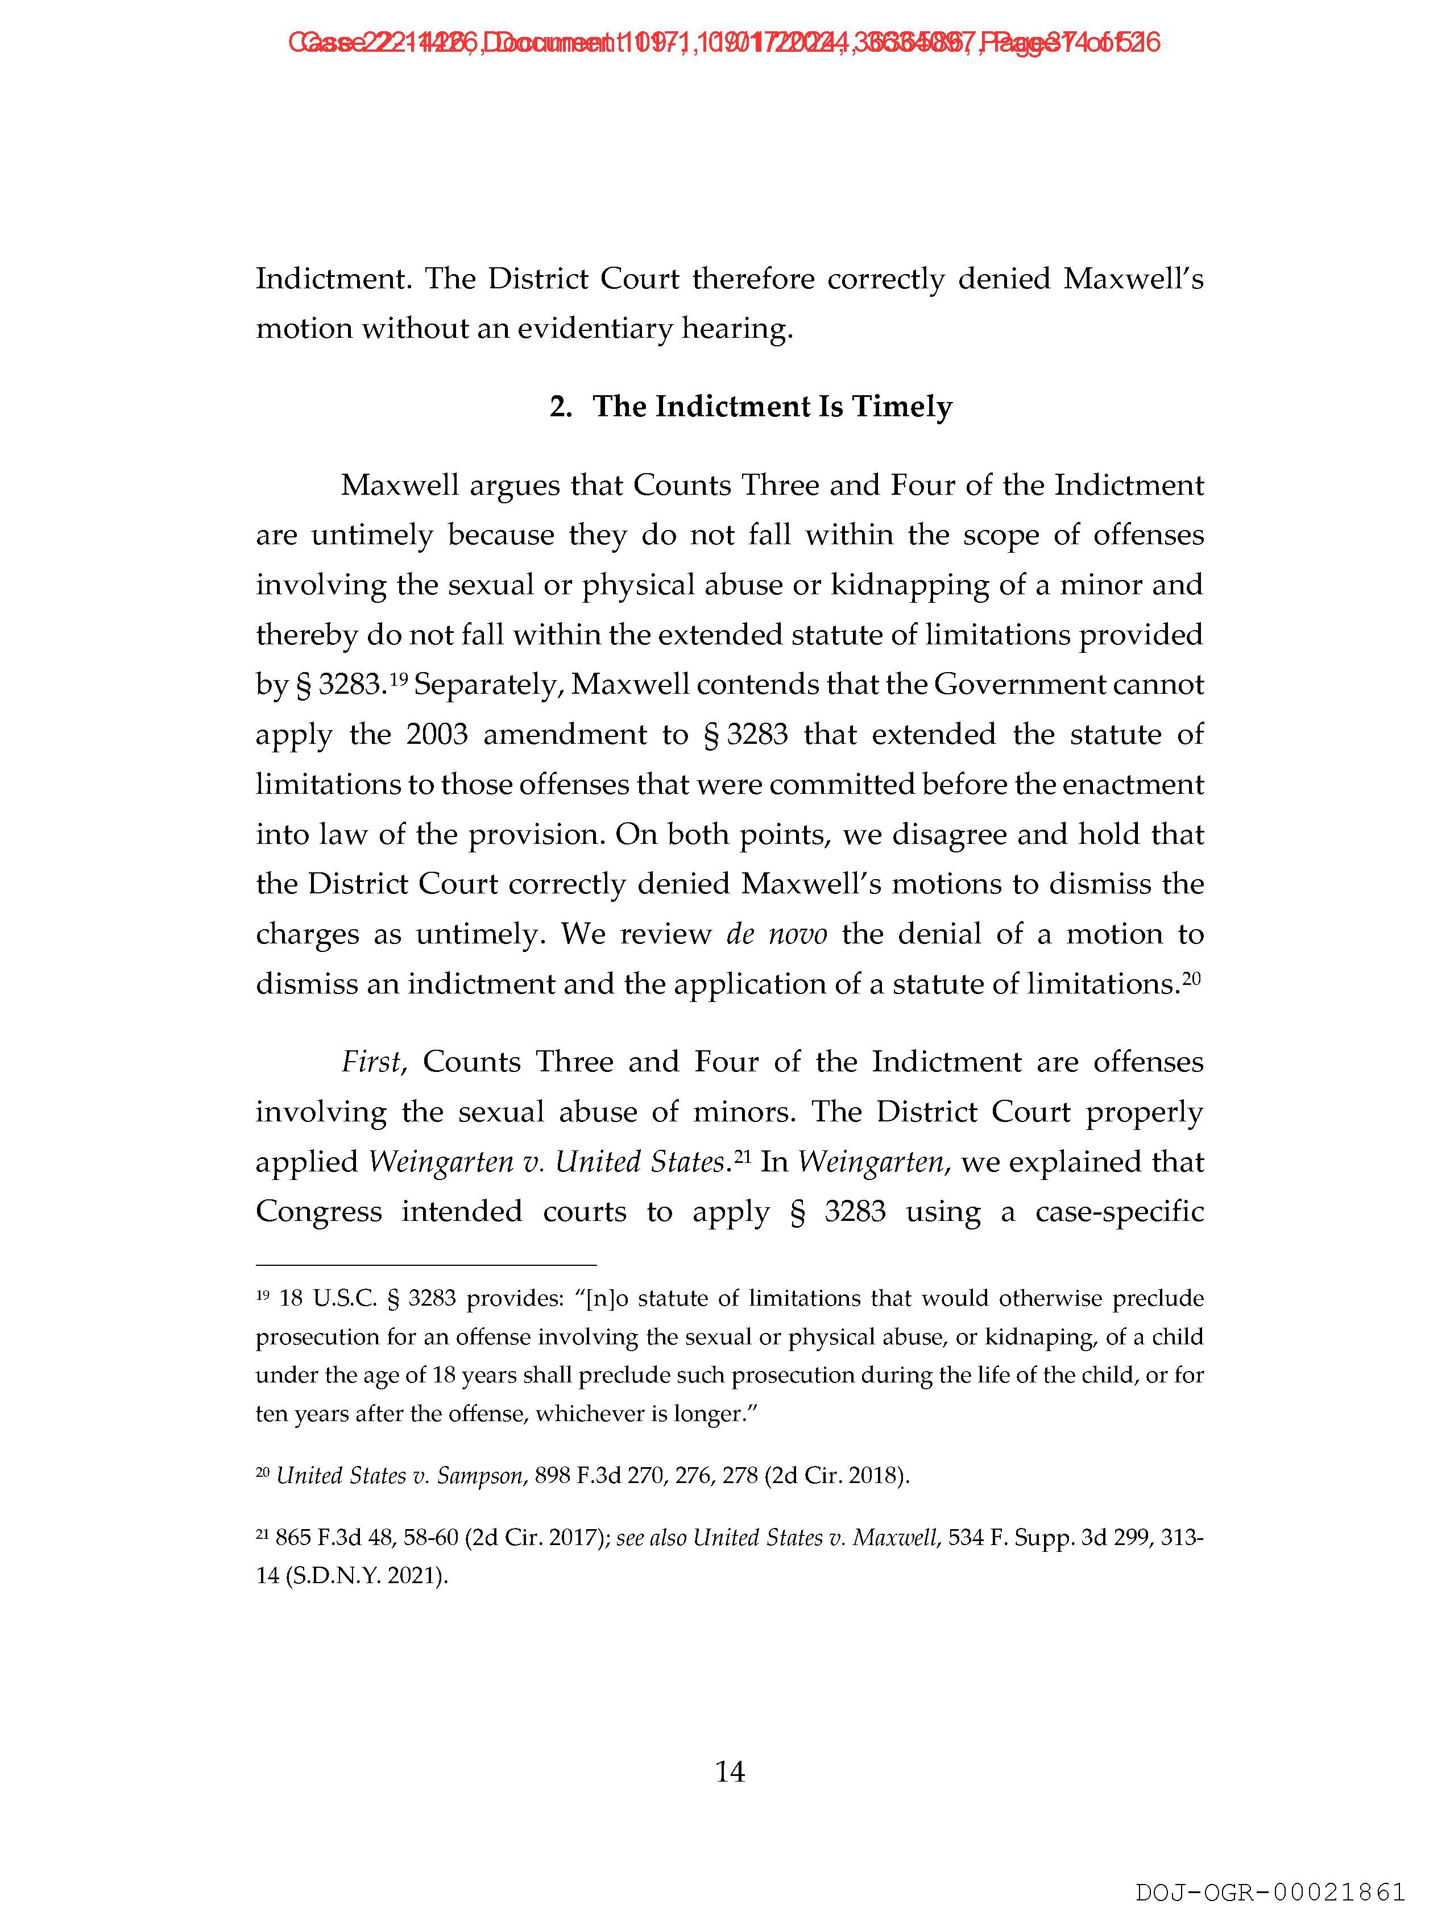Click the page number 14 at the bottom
(x=730, y=1772)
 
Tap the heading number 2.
(x=560, y=407)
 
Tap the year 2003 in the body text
(x=437, y=735)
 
